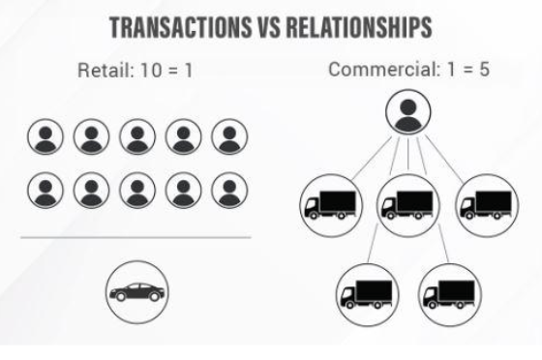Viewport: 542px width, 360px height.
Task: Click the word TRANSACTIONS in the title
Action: coord(181,27)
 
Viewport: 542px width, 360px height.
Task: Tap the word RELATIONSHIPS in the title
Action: coord(359,27)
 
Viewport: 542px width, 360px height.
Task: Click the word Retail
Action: coord(105,70)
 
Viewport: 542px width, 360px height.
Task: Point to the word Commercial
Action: coord(383,69)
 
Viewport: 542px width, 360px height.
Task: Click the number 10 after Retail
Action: coord(151,70)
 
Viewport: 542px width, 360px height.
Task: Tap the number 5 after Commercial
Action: coord(484,69)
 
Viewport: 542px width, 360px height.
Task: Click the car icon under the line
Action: coord(137,292)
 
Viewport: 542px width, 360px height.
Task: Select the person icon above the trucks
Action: coord(408,112)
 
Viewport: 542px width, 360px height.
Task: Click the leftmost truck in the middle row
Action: coord(331,205)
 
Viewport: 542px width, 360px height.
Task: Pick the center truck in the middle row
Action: coord(408,205)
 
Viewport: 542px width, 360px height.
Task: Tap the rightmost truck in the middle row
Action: coord(487,205)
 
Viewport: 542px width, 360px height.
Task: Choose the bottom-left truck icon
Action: coord(368,295)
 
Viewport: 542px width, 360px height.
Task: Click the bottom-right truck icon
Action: coord(450,295)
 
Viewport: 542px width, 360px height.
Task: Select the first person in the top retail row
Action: coord(45,136)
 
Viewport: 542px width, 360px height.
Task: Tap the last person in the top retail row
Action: coord(229,136)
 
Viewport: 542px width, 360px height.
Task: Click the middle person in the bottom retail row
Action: coord(137,191)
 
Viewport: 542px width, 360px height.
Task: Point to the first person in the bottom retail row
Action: coord(45,191)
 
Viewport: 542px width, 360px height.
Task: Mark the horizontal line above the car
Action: coord(135,237)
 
